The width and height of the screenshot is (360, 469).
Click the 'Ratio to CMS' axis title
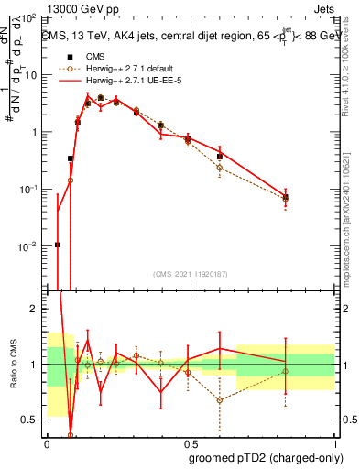coord(11,364)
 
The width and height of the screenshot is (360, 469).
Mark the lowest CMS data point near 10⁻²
coord(58,245)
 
